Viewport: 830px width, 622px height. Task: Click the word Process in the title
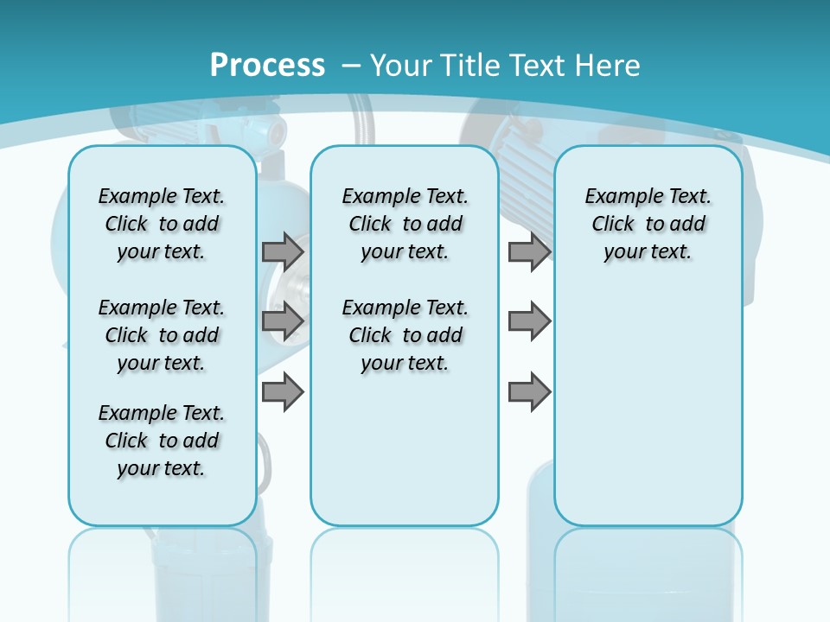pyautogui.click(x=267, y=65)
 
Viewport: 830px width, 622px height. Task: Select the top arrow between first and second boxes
pyautogui.click(x=283, y=251)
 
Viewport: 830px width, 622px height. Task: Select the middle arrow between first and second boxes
pyautogui.click(x=283, y=322)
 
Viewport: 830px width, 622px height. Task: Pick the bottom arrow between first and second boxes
pyautogui.click(x=283, y=391)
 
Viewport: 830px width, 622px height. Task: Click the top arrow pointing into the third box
pyautogui.click(x=529, y=251)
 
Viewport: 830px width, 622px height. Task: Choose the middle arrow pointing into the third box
pyautogui.click(x=529, y=322)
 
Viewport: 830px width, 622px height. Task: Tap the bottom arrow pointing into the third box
pyautogui.click(x=529, y=391)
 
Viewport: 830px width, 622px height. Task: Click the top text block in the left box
pyautogui.click(x=162, y=224)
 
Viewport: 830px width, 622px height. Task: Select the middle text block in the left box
pyautogui.click(x=162, y=335)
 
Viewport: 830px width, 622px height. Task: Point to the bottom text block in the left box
pyautogui.click(x=162, y=441)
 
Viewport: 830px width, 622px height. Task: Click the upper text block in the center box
pyautogui.click(x=405, y=224)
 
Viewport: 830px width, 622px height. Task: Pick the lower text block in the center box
pyautogui.click(x=405, y=335)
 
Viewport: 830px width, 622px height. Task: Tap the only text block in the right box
pyautogui.click(x=648, y=224)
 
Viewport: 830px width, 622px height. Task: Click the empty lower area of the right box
pyautogui.click(x=648, y=406)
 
